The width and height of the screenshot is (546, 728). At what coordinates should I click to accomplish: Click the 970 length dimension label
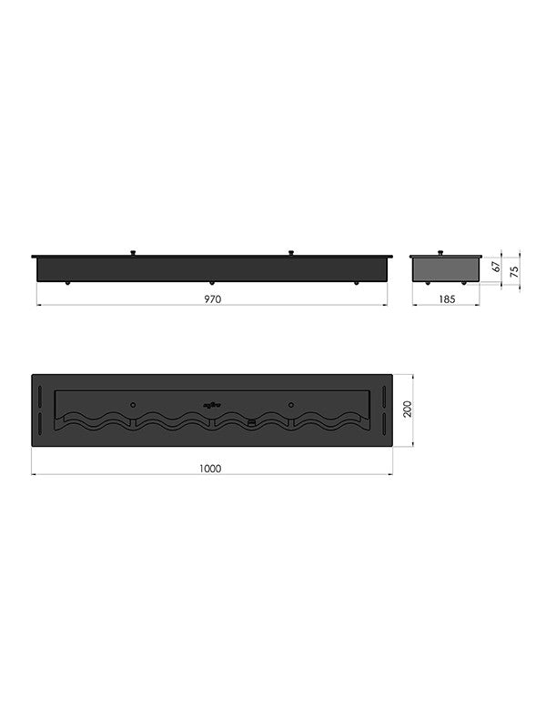[x=213, y=299]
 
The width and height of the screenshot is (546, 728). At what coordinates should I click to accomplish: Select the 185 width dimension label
[x=447, y=299]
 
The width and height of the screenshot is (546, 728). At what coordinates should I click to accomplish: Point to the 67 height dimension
[x=496, y=267]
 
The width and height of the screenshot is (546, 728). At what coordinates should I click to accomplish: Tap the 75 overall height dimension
[x=514, y=271]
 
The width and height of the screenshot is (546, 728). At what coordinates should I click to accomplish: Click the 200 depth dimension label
[x=408, y=409]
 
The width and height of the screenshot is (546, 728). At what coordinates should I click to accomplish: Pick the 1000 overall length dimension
[x=210, y=469]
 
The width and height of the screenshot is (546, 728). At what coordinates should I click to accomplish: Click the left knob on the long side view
[x=133, y=252]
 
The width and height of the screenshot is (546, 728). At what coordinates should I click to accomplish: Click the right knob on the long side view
[x=291, y=252]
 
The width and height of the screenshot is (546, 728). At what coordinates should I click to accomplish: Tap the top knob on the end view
[x=440, y=252]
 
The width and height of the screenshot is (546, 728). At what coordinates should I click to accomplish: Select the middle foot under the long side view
[x=212, y=282]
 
